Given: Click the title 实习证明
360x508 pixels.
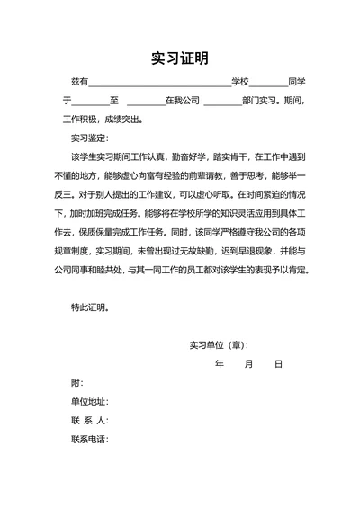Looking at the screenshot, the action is point(180,58).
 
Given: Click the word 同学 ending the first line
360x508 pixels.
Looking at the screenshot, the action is point(297,82).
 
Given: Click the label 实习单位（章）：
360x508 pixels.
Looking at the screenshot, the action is point(219,345).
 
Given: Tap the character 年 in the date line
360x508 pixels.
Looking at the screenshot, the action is point(220,364).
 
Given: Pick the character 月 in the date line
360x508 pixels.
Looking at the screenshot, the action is point(249,364).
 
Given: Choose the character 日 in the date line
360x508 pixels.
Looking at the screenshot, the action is point(278,364).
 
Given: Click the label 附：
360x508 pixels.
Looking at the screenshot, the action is point(77,383).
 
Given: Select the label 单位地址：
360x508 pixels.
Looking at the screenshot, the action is point(90,402).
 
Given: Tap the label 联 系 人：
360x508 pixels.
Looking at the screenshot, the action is point(90,421).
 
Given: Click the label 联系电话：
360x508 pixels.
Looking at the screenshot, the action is point(90,440).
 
